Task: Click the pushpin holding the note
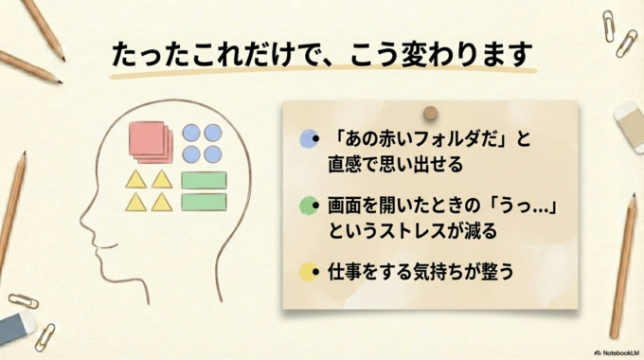[430, 114]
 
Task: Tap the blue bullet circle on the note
[308, 140]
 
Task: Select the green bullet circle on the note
[308, 206]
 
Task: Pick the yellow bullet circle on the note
[308, 272]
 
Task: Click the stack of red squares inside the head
[150, 141]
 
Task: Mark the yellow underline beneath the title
[322, 71]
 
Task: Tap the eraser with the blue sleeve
[17, 328]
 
